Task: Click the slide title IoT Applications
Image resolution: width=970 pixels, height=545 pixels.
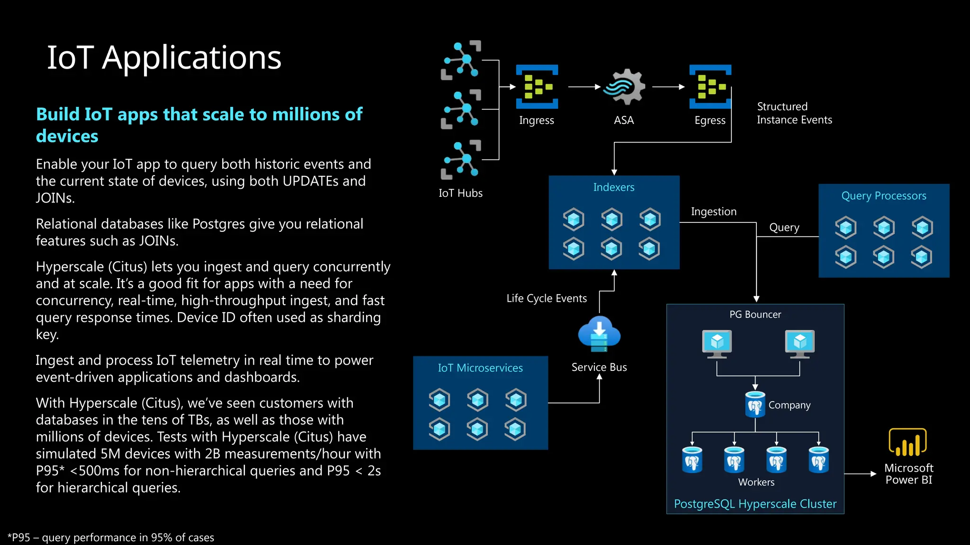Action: click(x=164, y=58)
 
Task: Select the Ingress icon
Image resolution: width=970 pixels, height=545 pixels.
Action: click(x=537, y=87)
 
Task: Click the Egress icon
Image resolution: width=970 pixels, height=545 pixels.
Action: click(x=710, y=87)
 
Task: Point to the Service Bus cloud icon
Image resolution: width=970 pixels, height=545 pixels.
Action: click(x=599, y=334)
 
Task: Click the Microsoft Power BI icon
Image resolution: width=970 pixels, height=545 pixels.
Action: click(x=907, y=442)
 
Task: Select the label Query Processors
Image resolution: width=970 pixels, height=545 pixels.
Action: click(x=883, y=196)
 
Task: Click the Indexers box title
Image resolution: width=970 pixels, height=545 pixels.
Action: click(x=613, y=187)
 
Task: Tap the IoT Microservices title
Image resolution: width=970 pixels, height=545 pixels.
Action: click(x=480, y=368)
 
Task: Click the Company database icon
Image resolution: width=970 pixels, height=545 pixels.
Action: click(x=755, y=404)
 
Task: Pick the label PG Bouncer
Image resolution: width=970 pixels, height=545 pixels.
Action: click(x=755, y=315)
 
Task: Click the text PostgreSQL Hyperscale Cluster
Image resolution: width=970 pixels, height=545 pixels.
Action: click(x=755, y=504)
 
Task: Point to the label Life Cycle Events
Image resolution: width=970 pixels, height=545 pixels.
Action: click(x=547, y=299)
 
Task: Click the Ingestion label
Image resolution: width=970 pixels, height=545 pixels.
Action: click(x=713, y=211)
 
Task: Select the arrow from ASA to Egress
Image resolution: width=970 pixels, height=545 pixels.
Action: click(x=668, y=87)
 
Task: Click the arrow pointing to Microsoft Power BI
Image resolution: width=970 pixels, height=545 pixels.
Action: click(x=860, y=474)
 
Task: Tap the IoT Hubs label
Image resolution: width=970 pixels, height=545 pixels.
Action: click(x=460, y=193)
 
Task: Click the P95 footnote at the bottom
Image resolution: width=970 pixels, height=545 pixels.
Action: click(x=111, y=537)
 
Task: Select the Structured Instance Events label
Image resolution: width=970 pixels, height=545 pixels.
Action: click(x=794, y=113)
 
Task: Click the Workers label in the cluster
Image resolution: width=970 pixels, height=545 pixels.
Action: click(x=756, y=482)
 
